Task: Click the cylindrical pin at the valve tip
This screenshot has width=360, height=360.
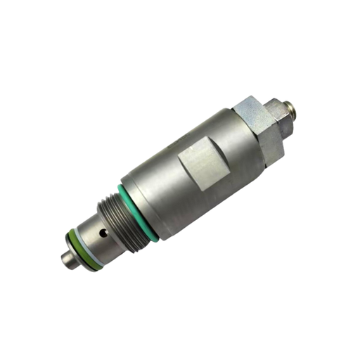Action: tap(68, 259)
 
